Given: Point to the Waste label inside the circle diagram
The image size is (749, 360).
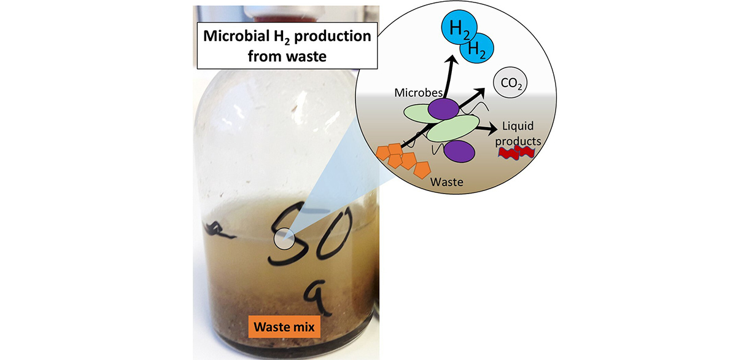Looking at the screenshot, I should [447, 182].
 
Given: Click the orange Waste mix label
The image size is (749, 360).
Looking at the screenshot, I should [284, 327].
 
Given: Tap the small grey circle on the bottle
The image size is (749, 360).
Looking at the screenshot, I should [283, 240].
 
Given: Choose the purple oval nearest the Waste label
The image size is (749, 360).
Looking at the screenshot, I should [460, 151].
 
